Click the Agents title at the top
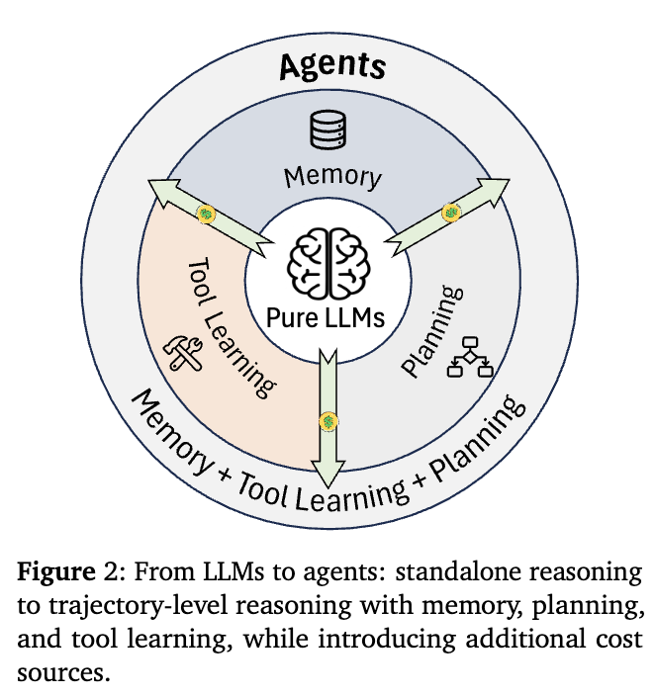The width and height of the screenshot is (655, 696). tap(330, 65)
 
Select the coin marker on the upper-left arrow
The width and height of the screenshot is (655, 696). tap(206, 213)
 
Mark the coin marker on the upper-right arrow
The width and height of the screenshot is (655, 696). tap(453, 212)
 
